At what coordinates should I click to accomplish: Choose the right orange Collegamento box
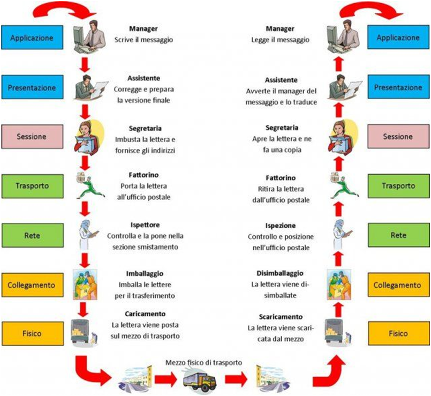click(x=398, y=285)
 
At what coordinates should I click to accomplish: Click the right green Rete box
click(x=398, y=235)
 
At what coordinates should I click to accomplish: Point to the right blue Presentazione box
click(x=398, y=86)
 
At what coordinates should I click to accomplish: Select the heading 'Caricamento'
click(x=146, y=313)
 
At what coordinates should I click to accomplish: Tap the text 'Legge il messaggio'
click(x=281, y=39)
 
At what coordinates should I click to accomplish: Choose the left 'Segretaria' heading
click(x=145, y=129)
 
